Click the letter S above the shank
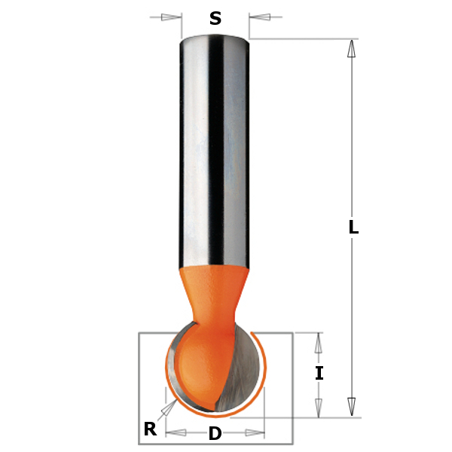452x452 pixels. pyautogui.click(x=215, y=19)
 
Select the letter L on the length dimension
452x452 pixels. pyautogui.click(x=353, y=228)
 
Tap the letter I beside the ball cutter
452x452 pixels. pyautogui.click(x=319, y=373)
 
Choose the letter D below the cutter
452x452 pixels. pyautogui.click(x=215, y=434)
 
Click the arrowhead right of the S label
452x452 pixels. pyautogui.click(x=259, y=17)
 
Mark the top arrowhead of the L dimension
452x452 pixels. pyautogui.click(x=351, y=49)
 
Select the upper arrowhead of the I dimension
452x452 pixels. pyautogui.click(x=319, y=344)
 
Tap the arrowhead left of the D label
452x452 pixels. pyautogui.click(x=176, y=433)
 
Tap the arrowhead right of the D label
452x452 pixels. pyautogui.click(x=255, y=433)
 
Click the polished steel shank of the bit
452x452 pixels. pyautogui.click(x=215, y=151)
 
